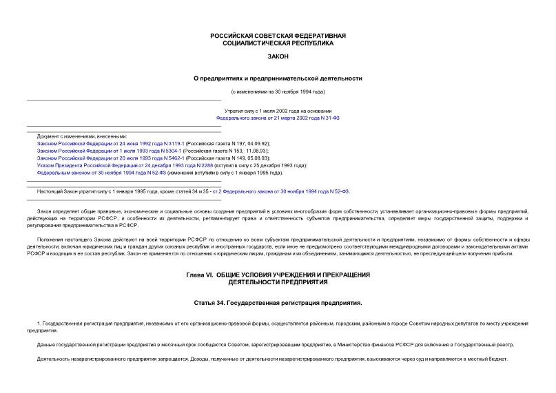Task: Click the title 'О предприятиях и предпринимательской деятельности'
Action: (x=278, y=78)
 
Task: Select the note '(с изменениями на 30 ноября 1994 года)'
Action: (x=278, y=92)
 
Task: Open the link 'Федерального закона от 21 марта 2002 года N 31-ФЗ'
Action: (x=278, y=118)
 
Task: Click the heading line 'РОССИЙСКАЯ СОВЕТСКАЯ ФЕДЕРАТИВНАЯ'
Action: (x=278, y=35)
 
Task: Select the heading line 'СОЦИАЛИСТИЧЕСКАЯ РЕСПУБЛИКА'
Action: (x=278, y=43)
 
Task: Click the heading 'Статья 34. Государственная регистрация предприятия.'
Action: (x=278, y=302)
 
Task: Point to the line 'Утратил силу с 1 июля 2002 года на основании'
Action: (x=278, y=110)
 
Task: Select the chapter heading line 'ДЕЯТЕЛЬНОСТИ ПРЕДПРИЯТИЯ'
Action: (x=278, y=282)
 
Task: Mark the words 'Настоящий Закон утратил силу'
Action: (x=70, y=191)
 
